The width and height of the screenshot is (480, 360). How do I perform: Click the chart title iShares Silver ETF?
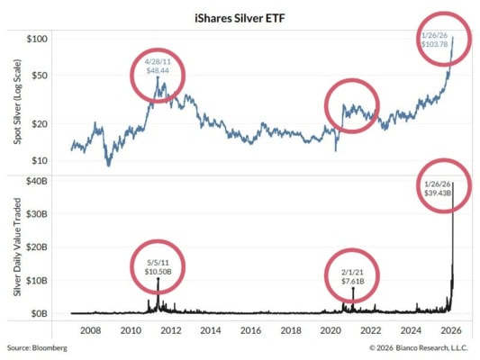tap(240, 17)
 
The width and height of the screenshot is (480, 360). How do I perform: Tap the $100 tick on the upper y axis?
tap(38, 40)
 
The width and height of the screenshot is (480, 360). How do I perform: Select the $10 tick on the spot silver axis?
tap(41, 160)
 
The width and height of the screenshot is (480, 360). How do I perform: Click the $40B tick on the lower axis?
tap(36, 182)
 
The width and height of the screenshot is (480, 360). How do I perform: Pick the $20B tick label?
tap(36, 247)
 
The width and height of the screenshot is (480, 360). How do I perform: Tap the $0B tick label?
tap(39, 313)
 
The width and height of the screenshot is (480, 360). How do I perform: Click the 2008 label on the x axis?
tap(91, 330)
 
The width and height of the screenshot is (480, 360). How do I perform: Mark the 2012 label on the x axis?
tap(170, 330)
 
